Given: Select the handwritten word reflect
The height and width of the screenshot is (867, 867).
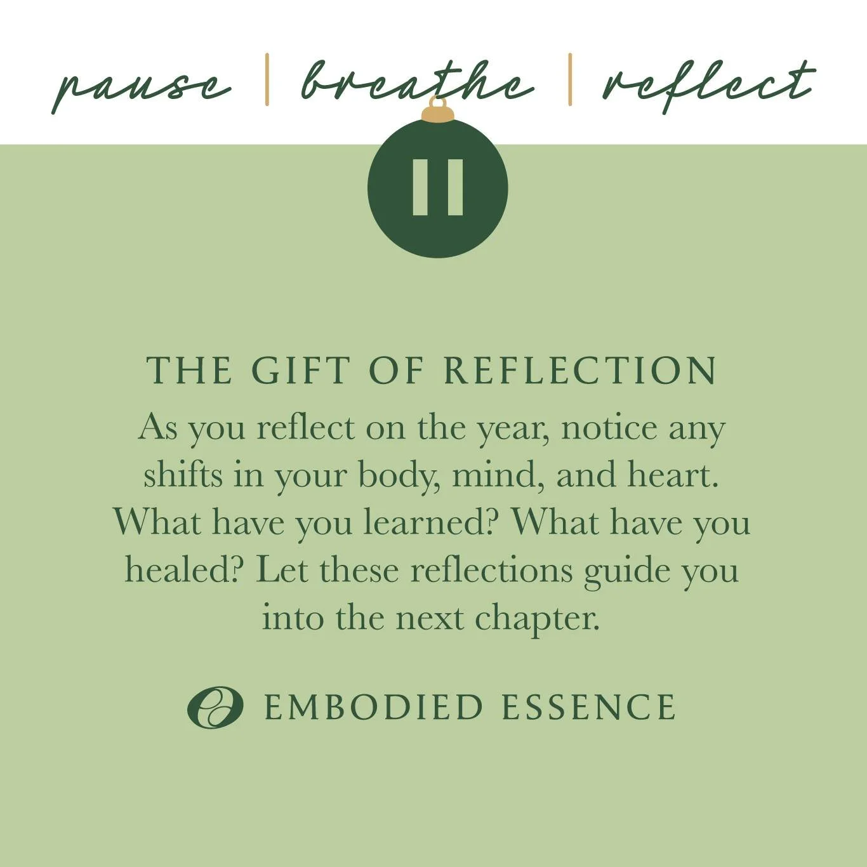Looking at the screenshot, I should (x=708, y=84).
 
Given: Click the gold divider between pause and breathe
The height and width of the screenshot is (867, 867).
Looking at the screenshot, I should (x=267, y=79).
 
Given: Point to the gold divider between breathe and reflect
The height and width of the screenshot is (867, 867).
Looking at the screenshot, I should (x=570, y=79).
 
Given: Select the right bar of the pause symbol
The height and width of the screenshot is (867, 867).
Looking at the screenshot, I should (x=455, y=187).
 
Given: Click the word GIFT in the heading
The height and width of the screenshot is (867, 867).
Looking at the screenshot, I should (x=301, y=370).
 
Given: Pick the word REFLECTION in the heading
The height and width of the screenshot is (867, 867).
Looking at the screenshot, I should (x=580, y=370).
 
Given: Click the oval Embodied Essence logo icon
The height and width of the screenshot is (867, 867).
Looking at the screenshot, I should (x=215, y=707).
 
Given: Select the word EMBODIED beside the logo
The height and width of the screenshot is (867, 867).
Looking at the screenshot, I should (x=373, y=708).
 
